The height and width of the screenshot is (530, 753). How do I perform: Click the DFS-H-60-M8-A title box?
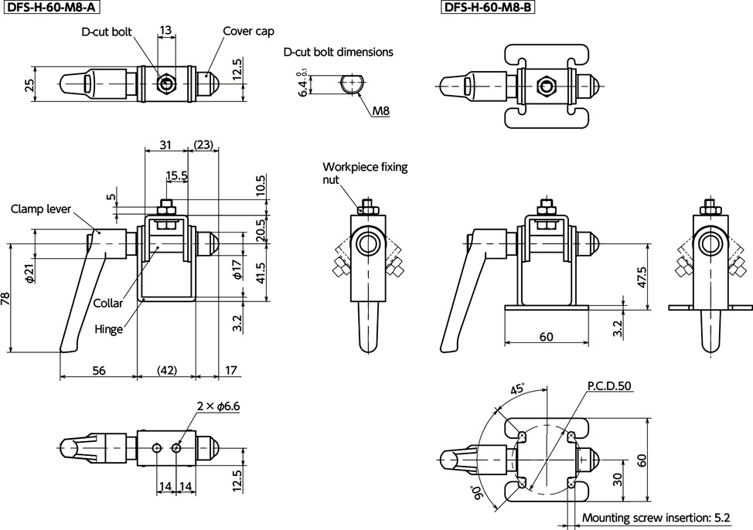coord(52,8)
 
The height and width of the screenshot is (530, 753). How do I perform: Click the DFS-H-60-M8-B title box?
coord(489,8)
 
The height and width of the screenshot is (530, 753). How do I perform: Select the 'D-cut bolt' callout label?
coord(107,32)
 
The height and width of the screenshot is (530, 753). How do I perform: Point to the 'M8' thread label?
coord(380,111)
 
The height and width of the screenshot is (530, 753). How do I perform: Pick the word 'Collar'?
coord(107,304)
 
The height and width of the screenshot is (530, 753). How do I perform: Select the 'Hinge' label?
coord(109,328)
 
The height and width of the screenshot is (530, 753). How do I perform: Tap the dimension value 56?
coord(98,370)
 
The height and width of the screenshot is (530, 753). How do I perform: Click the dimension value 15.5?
coord(176,175)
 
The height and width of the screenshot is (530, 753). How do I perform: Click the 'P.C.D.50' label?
coord(608,385)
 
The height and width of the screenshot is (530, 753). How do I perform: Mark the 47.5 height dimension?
coord(641,277)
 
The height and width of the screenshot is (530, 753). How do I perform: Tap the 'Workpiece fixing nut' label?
coord(365,172)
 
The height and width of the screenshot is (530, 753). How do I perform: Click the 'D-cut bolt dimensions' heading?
coord(339,53)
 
